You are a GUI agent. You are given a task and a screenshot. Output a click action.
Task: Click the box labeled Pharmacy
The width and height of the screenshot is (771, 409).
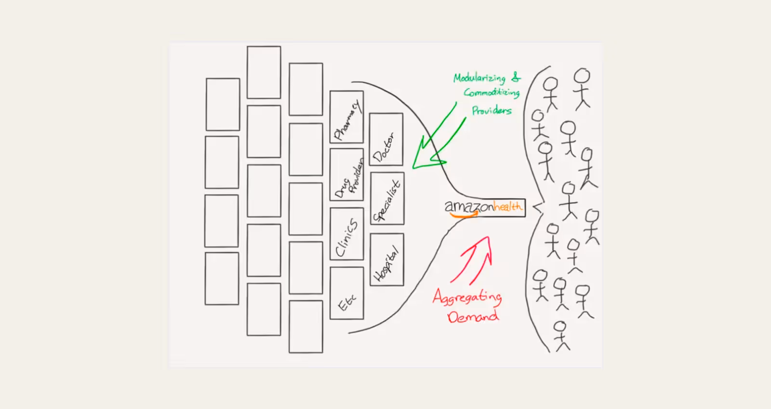346,117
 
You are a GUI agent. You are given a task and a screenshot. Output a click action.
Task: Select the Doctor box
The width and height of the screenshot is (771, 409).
386,139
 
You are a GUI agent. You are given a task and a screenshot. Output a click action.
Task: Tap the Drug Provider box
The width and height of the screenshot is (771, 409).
346,174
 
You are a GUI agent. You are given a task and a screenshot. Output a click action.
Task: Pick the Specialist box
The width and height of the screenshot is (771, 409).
387,198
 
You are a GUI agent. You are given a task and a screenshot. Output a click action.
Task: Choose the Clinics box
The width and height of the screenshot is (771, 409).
346,233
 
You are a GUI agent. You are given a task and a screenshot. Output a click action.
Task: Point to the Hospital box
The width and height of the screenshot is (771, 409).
386,260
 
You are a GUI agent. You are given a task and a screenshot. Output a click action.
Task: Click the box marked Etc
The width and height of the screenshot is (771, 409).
346,294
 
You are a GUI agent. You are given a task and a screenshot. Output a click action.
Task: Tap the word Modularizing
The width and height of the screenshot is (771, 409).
479,78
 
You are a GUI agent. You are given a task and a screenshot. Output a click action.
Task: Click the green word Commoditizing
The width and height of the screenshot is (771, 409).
492,92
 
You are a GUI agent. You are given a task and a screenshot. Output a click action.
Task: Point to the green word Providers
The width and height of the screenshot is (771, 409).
492,111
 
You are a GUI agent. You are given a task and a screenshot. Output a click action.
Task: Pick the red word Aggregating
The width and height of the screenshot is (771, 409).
467,297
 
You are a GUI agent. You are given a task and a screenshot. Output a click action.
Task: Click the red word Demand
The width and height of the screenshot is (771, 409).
473,317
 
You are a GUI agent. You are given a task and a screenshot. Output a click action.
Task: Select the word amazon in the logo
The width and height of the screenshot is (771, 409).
469,206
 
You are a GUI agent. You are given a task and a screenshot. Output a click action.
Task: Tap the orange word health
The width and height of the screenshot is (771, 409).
508,206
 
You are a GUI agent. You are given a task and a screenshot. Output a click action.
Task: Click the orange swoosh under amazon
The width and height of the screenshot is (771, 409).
464,215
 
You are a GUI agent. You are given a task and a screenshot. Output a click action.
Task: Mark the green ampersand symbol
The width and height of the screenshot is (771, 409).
516,77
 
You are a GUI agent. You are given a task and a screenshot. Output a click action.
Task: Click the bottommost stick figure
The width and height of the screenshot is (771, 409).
561,335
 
